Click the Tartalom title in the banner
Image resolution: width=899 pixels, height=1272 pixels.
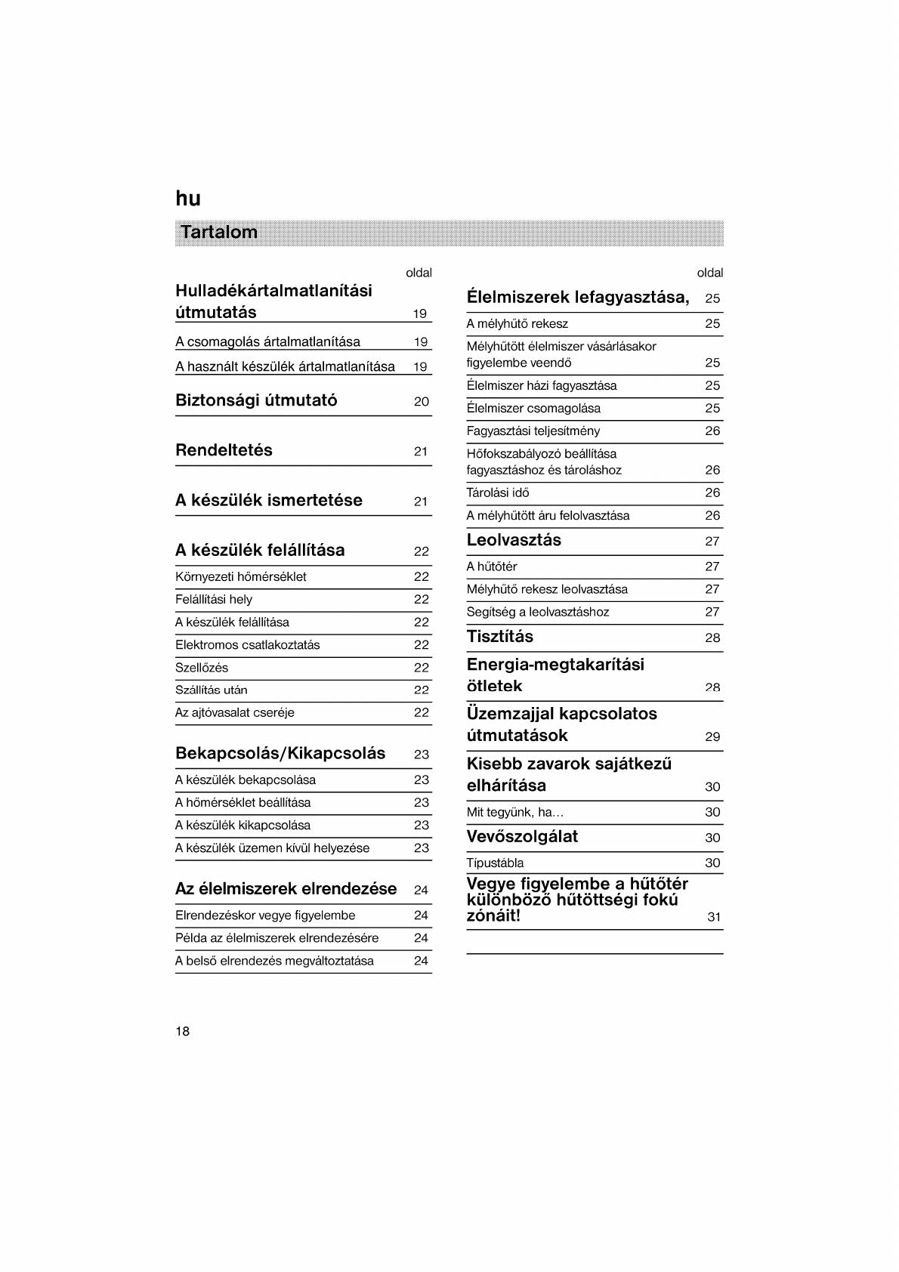tap(219, 232)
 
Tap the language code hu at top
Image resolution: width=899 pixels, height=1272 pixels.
tap(188, 199)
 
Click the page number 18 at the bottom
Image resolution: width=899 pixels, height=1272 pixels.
tap(183, 1031)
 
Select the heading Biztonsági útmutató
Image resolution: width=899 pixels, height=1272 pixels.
tap(256, 400)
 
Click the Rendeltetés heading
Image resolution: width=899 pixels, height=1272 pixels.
tap(224, 450)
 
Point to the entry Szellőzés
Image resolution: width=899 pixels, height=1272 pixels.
tap(202, 668)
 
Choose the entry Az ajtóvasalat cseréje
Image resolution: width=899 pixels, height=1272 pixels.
tap(235, 712)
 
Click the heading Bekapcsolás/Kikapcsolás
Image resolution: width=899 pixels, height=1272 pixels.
tap(280, 753)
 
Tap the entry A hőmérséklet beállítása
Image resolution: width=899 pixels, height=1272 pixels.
tap(243, 802)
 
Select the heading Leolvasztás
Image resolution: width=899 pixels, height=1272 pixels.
tap(514, 540)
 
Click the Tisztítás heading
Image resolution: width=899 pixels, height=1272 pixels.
tap(500, 636)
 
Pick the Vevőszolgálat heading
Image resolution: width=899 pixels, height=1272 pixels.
tap(522, 836)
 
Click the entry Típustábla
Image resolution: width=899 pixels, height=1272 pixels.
tap(495, 863)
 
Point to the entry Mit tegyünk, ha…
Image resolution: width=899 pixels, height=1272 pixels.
tap(515, 812)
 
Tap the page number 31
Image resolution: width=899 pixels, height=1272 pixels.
tap(714, 917)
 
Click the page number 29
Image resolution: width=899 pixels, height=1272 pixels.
tap(712, 736)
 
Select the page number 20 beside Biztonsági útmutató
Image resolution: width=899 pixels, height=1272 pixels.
tap(422, 402)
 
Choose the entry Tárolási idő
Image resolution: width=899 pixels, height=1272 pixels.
tap(498, 492)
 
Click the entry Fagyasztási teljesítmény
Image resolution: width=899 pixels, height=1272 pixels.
tap(533, 431)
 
